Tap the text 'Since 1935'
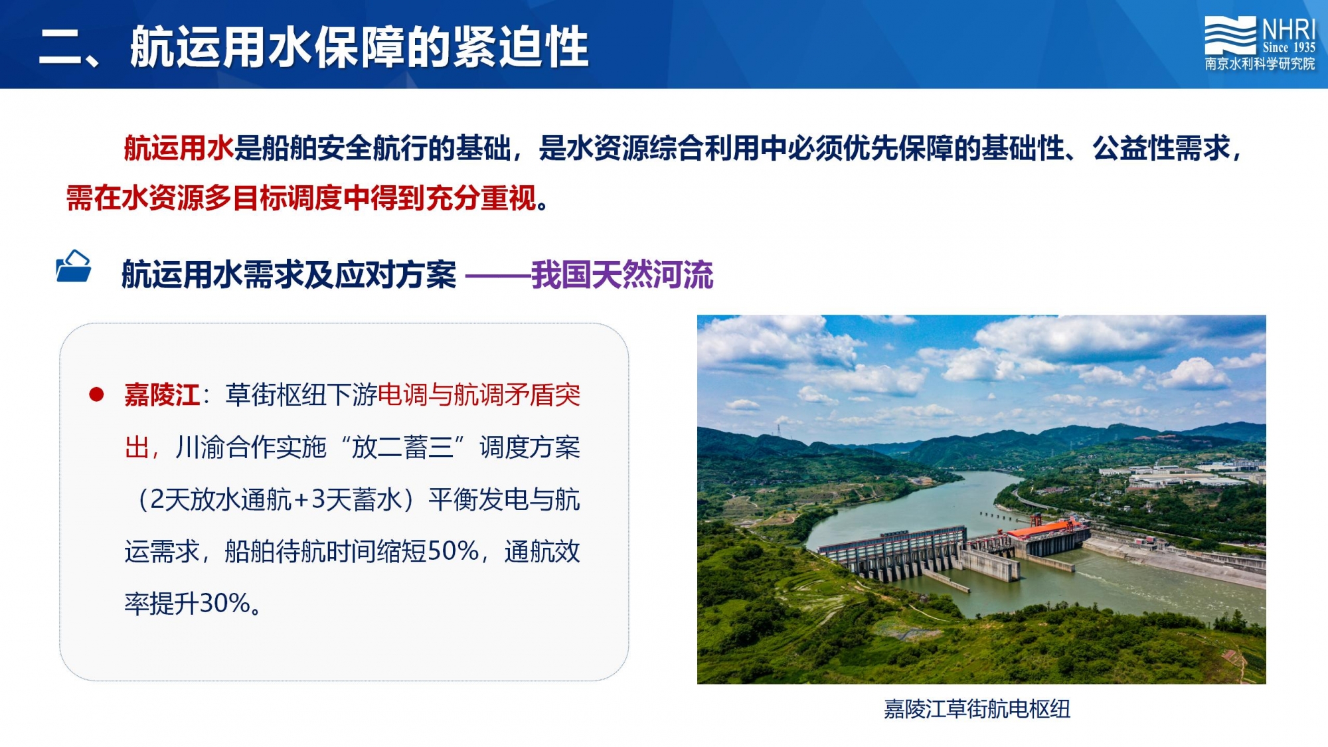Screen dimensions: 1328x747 pos(1289,47)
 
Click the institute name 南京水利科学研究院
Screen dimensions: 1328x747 pos(1260,64)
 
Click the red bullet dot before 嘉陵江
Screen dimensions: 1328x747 pos(96,394)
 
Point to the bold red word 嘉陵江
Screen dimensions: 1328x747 pos(162,395)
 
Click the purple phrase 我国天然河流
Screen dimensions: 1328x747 pos(622,275)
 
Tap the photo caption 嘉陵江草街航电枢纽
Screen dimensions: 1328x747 pos(977,709)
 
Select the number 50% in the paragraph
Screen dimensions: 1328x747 pos(454,551)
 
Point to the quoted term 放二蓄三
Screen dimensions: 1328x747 pos(402,448)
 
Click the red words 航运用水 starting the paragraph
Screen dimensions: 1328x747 pos(179,147)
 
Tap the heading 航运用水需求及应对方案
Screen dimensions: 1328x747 pos(289,275)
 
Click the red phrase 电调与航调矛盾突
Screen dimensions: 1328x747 pos(479,395)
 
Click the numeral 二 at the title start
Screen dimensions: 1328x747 pos(60,48)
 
